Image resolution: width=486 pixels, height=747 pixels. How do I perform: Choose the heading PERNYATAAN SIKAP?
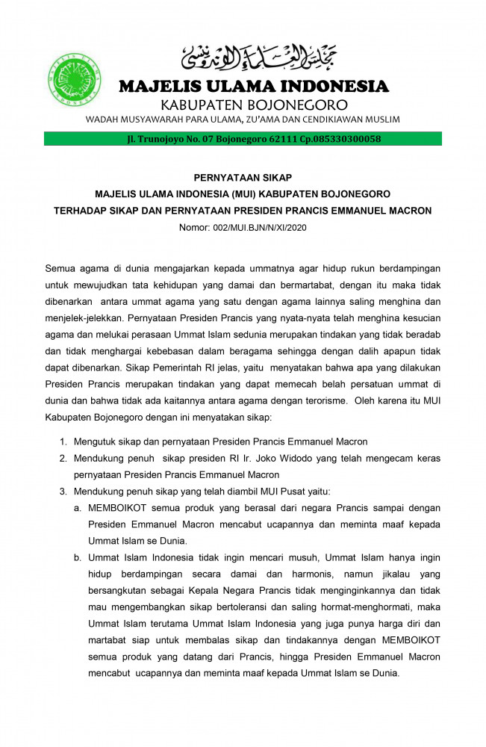(x=243, y=178)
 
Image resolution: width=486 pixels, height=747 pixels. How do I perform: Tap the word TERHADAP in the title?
(x=84, y=211)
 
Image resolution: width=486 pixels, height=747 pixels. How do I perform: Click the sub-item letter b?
(x=77, y=557)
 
